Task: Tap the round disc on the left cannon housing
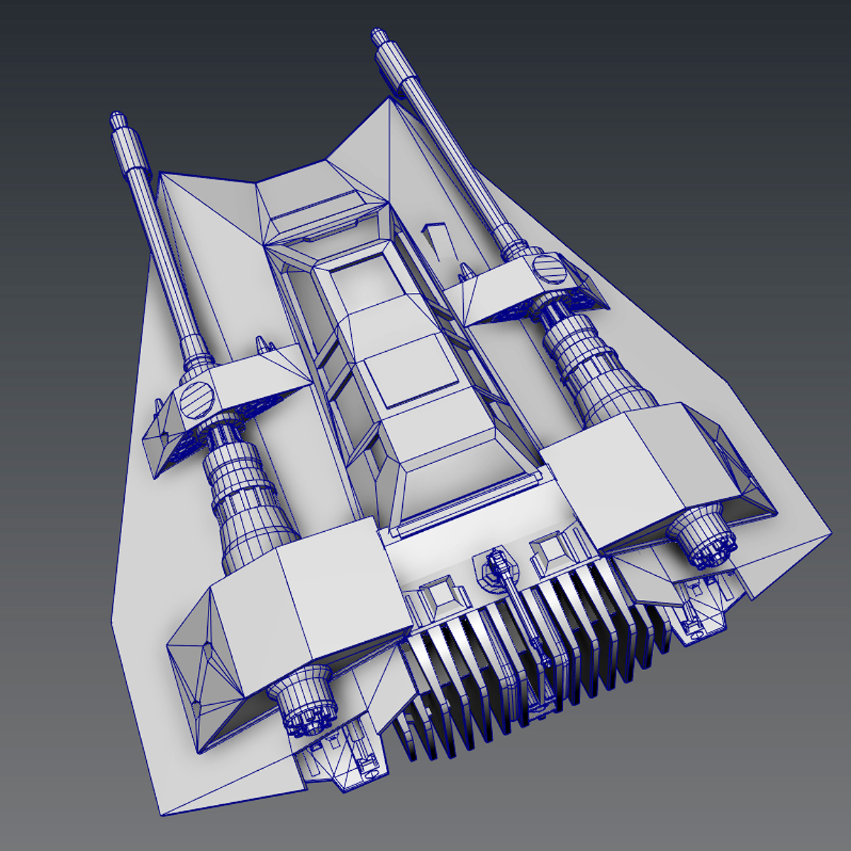tap(197, 398)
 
